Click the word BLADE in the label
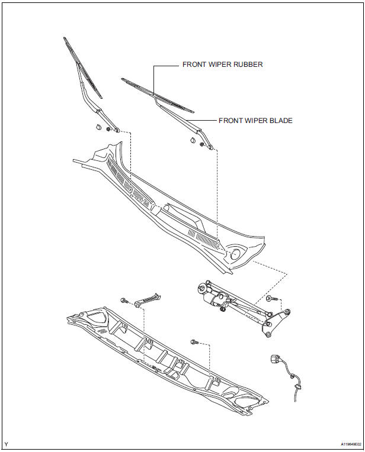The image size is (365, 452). click(280, 120)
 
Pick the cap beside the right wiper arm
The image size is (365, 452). click(192, 140)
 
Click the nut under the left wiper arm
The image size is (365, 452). click(109, 130)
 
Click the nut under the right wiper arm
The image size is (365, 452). click(203, 144)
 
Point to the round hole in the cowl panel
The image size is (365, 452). click(235, 254)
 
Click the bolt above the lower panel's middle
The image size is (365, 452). click(194, 342)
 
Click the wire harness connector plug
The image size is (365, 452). click(275, 359)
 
